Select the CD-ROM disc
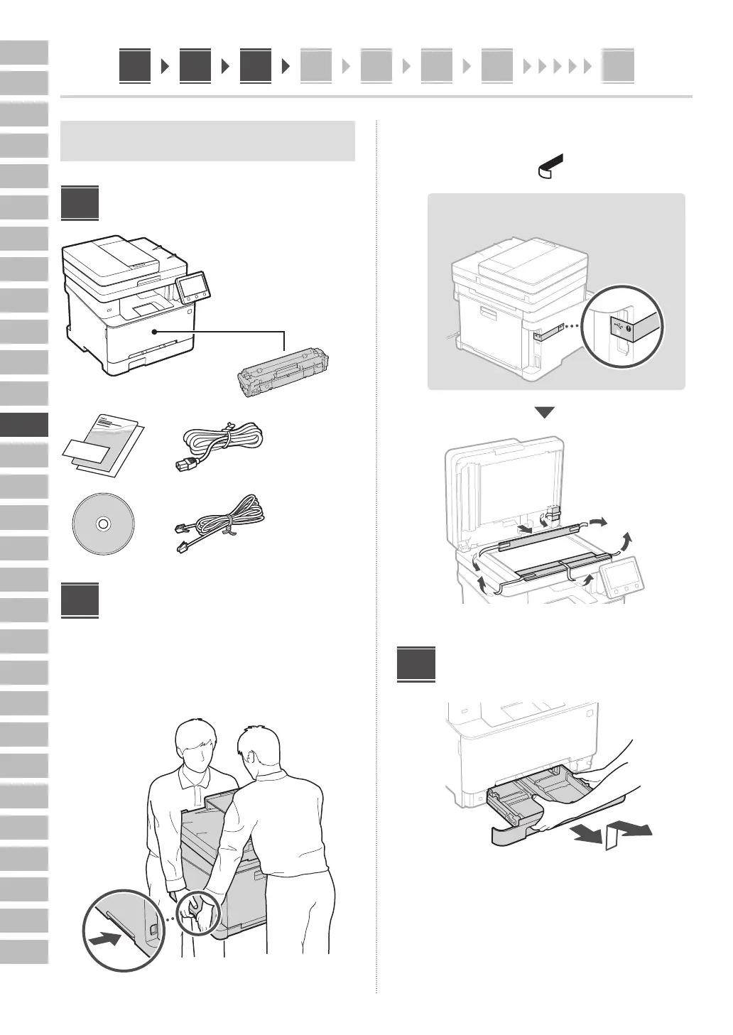103,524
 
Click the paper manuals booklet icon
103,445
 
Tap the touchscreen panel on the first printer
194,287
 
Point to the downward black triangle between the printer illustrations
544,413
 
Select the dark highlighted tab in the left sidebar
24,425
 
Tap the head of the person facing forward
195,747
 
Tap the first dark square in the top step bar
135,66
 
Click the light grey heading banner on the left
207,141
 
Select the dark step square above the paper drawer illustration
416,664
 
